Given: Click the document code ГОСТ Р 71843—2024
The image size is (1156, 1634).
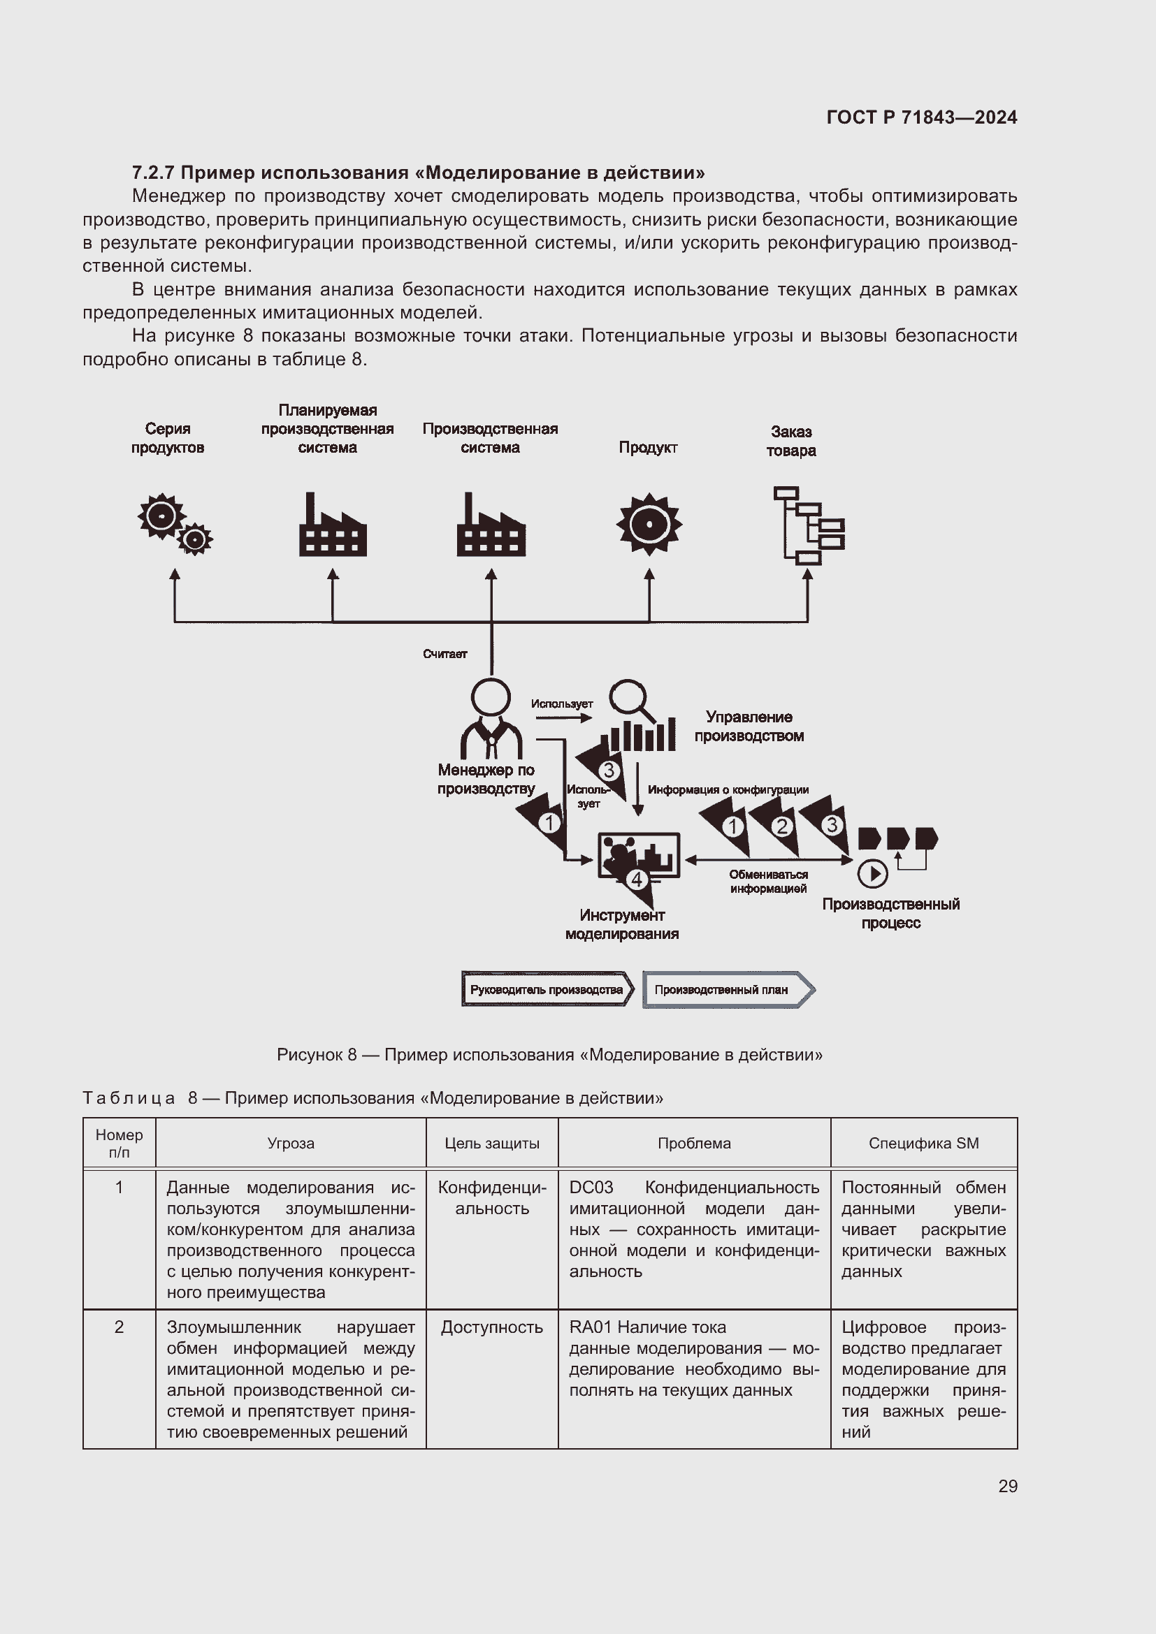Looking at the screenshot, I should pyautogui.click(x=921, y=117).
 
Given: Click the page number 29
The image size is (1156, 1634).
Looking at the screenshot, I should pyautogui.click(x=1007, y=1486).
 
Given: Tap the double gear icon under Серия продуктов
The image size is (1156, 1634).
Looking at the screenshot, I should pyautogui.click(x=175, y=524).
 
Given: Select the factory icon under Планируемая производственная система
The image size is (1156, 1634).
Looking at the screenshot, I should pyautogui.click(x=333, y=526).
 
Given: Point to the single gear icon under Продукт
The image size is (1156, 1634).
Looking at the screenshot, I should pyautogui.click(x=649, y=525).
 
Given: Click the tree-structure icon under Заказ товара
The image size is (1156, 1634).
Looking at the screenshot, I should pyautogui.click(x=808, y=525).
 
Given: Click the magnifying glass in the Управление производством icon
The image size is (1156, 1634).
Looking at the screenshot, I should pyautogui.click(x=630, y=698).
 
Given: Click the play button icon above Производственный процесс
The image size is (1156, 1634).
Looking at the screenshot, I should pyautogui.click(x=872, y=874).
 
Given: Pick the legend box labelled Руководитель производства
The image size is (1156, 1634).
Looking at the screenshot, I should pyautogui.click(x=546, y=989).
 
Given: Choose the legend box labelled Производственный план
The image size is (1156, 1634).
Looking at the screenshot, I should pyautogui.click(x=727, y=989).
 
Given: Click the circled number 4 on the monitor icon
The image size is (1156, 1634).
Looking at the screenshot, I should pyautogui.click(x=637, y=880).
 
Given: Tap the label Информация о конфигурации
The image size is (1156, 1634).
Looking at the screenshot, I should pyautogui.click(x=728, y=789).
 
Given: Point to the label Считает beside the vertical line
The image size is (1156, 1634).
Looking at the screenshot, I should pyautogui.click(x=445, y=654).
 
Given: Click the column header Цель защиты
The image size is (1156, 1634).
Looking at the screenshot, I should pyautogui.click(x=492, y=1143).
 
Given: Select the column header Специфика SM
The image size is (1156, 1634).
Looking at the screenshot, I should pyautogui.click(x=923, y=1143).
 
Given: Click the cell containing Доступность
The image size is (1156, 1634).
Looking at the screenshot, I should pyautogui.click(x=492, y=1327).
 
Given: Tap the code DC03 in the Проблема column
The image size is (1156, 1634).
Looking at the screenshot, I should pyautogui.click(x=591, y=1188).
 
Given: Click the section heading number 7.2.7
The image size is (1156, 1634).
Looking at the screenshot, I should pyautogui.click(x=153, y=173).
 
